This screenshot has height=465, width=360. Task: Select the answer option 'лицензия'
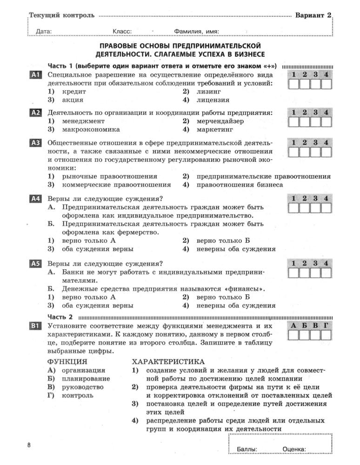tap(213, 100)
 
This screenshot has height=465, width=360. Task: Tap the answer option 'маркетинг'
tap(215, 129)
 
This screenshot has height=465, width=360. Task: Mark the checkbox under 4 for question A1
tap(326, 85)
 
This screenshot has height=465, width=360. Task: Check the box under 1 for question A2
tap(294, 122)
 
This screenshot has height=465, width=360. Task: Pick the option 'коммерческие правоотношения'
tap(116, 185)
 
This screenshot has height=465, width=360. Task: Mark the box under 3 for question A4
tap(315, 208)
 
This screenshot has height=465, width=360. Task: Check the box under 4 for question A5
tap(326, 273)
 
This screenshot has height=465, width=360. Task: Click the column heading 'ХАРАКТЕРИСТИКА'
tap(168, 361)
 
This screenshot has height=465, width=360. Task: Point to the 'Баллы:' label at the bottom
tap(247, 449)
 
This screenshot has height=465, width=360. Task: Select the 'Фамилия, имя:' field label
tap(196, 32)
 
